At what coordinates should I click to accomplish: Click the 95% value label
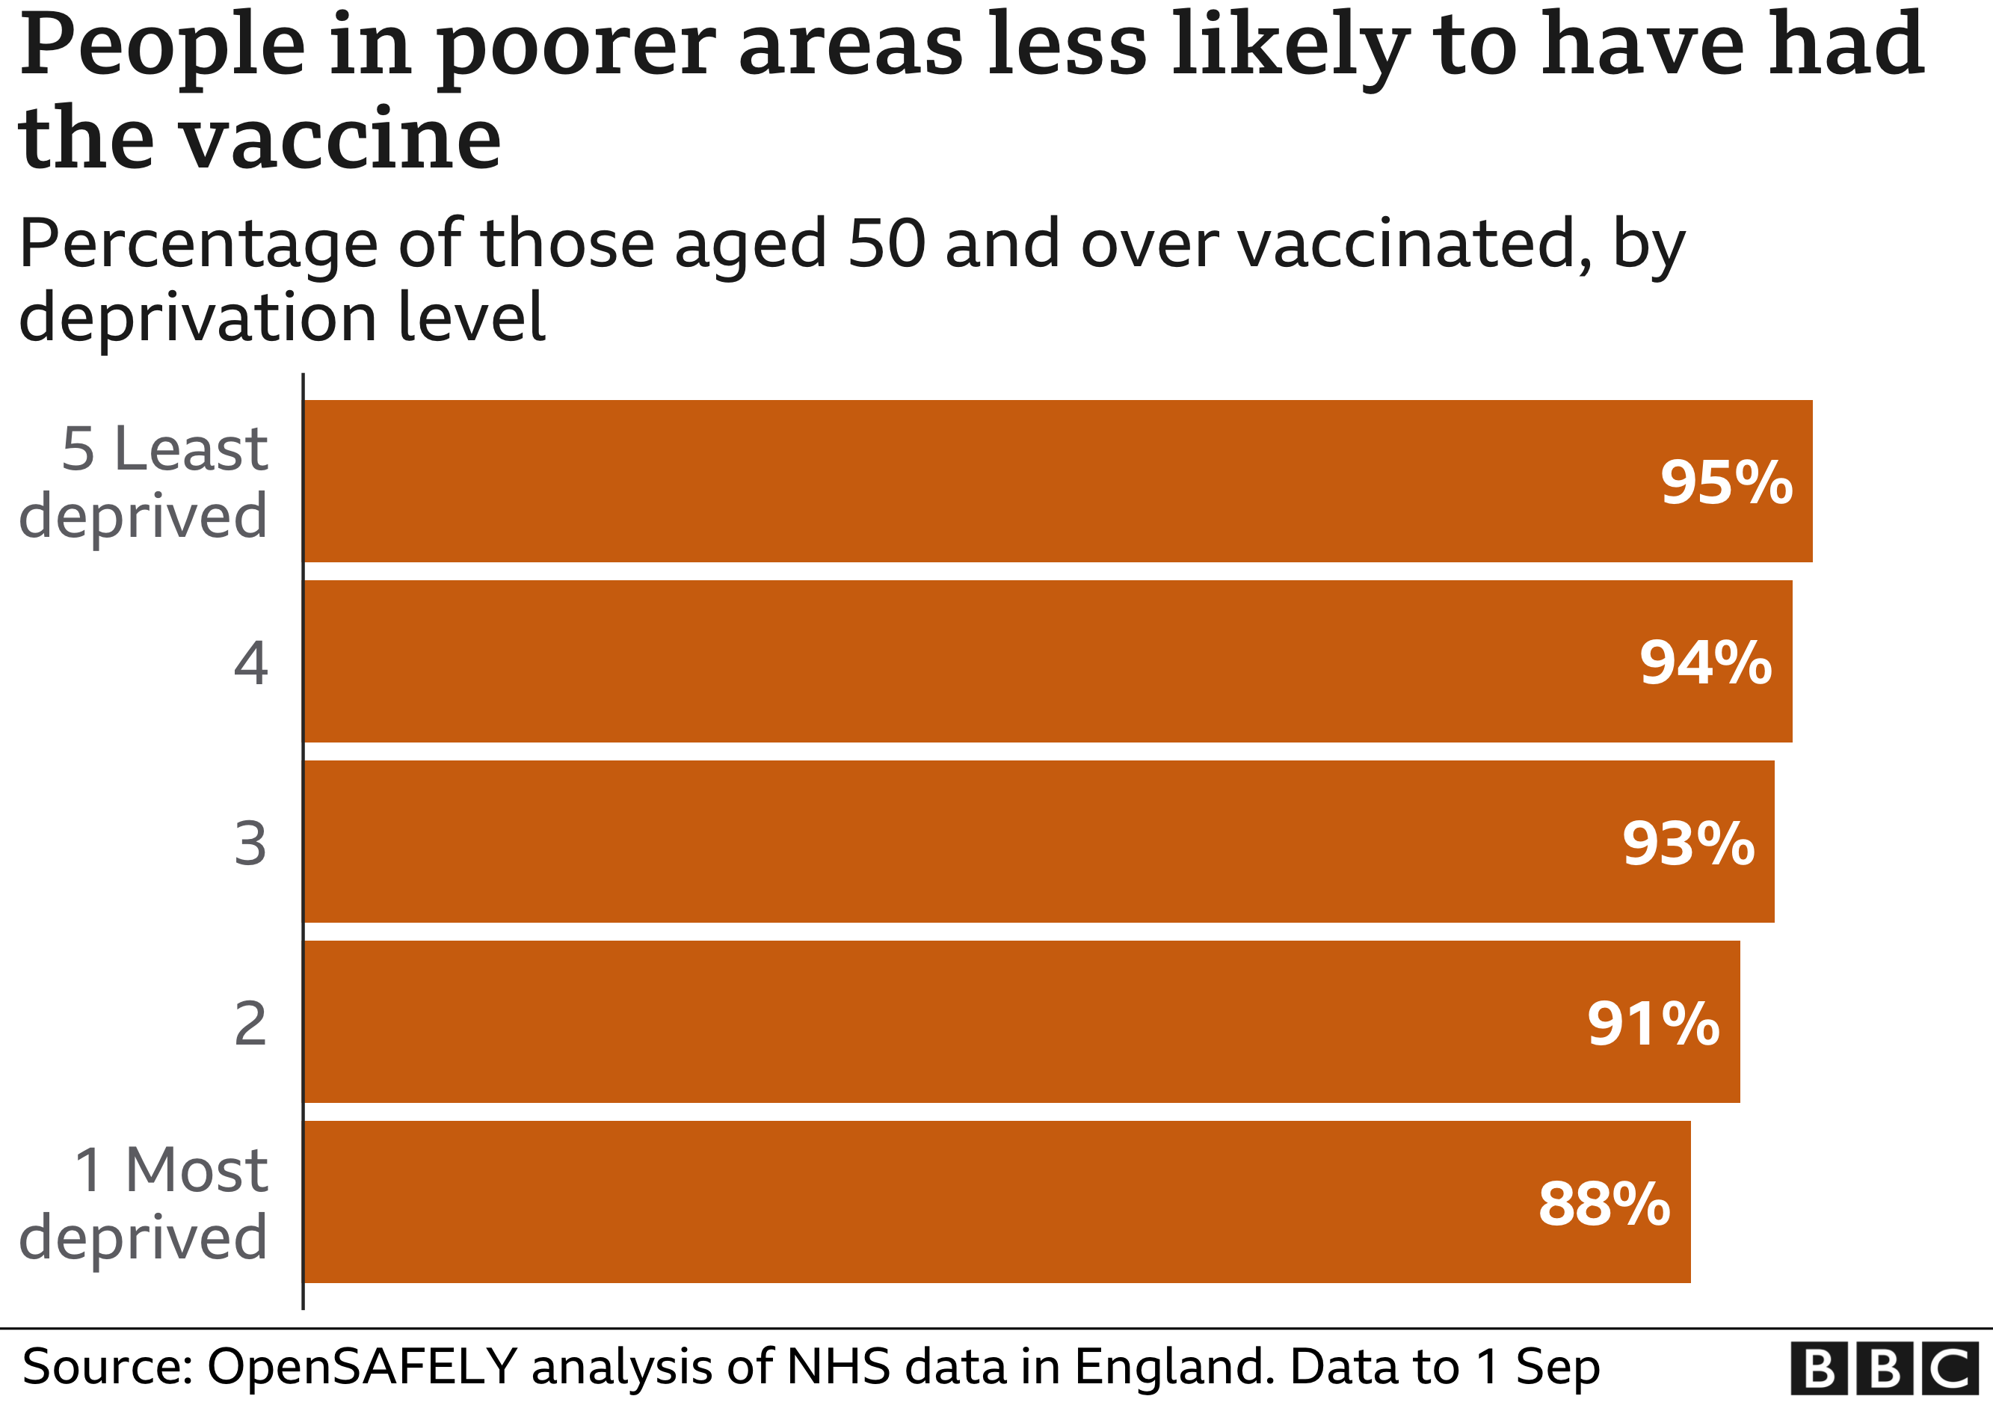coord(1725,483)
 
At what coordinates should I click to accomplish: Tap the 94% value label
coord(1704,663)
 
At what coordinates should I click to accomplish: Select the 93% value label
coord(1687,843)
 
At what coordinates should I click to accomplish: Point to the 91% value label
coord(1653,1024)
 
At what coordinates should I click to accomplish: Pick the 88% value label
coord(1604,1205)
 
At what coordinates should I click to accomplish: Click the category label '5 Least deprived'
coord(144,483)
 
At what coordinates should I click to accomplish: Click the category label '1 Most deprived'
coord(144,1205)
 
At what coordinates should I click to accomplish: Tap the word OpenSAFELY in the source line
coord(362,1368)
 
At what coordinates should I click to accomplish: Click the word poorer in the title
coord(576,48)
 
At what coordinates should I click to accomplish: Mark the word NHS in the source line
coord(839,1368)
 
